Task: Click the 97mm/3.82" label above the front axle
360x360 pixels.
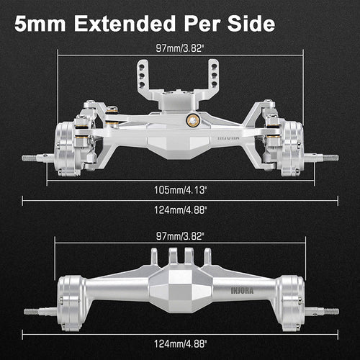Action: (179, 50)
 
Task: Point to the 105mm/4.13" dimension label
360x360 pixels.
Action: (179, 189)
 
